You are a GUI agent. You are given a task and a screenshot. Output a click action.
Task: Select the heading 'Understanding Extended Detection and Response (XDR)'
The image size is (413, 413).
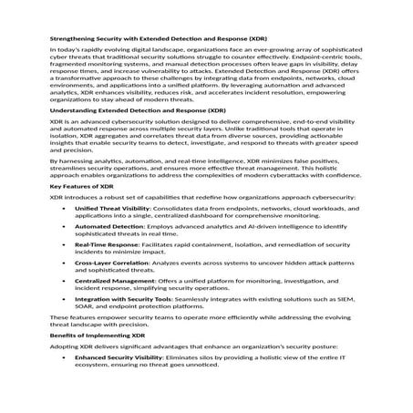pyautogui.click(x=138, y=135)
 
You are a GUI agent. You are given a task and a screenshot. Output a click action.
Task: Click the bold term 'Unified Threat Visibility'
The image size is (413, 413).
pyautogui.click(x=113, y=234)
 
